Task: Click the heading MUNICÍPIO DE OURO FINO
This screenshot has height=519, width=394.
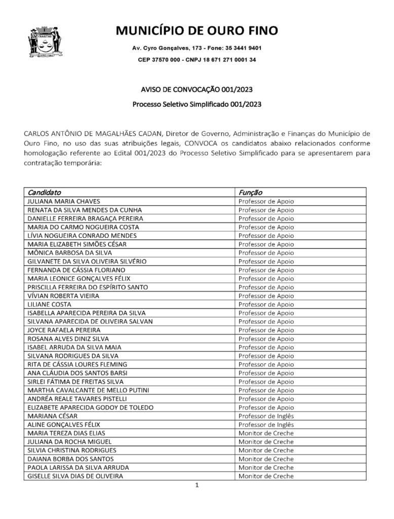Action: point(197,31)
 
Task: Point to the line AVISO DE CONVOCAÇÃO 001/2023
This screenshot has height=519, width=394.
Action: point(197,90)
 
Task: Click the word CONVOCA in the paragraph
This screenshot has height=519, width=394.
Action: point(202,143)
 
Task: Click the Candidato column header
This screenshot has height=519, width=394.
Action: point(45,193)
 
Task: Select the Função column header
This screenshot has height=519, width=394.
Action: point(250,193)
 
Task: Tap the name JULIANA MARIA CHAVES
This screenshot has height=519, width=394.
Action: point(64,201)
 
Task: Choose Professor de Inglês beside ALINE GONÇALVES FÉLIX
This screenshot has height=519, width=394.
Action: point(266,425)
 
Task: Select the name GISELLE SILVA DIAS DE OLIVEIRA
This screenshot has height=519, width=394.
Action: point(75,476)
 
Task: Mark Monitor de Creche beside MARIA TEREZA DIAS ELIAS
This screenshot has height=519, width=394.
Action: point(266,433)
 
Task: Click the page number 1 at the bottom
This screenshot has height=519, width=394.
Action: point(196,486)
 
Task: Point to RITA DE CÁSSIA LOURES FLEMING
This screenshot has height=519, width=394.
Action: point(77,364)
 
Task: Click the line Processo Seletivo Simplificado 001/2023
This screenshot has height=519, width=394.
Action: point(197,105)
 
